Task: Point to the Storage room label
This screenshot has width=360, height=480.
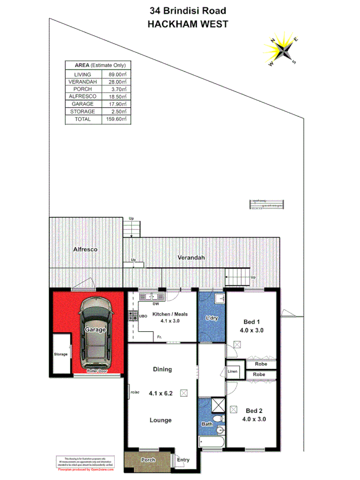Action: pyautogui.click(x=60, y=354)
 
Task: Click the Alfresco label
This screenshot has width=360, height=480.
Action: pyautogui.click(x=84, y=249)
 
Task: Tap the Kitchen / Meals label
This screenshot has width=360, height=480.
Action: pyautogui.click(x=170, y=314)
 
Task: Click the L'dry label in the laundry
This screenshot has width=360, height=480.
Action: pyautogui.click(x=212, y=318)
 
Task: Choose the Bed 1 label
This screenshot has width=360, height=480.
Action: pyautogui.click(x=252, y=322)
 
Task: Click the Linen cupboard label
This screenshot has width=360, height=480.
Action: pyautogui.click(x=233, y=371)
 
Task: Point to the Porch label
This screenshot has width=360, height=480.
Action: pyautogui.click(x=148, y=460)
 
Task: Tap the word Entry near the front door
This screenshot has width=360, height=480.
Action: pyautogui.click(x=183, y=460)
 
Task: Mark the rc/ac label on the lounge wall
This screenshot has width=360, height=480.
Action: pyautogui.click(x=134, y=394)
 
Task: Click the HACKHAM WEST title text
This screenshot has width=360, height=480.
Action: pyautogui.click(x=180, y=24)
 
